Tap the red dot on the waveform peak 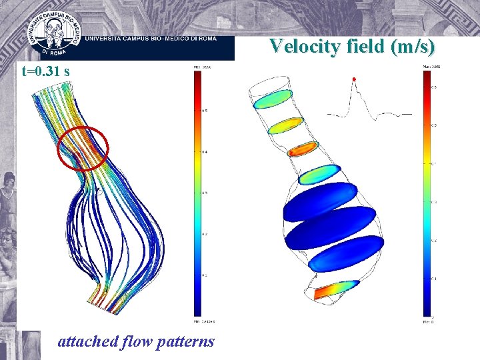coord(354,79)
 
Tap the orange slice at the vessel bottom coord(337,289)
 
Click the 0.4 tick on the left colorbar coord(205,152)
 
